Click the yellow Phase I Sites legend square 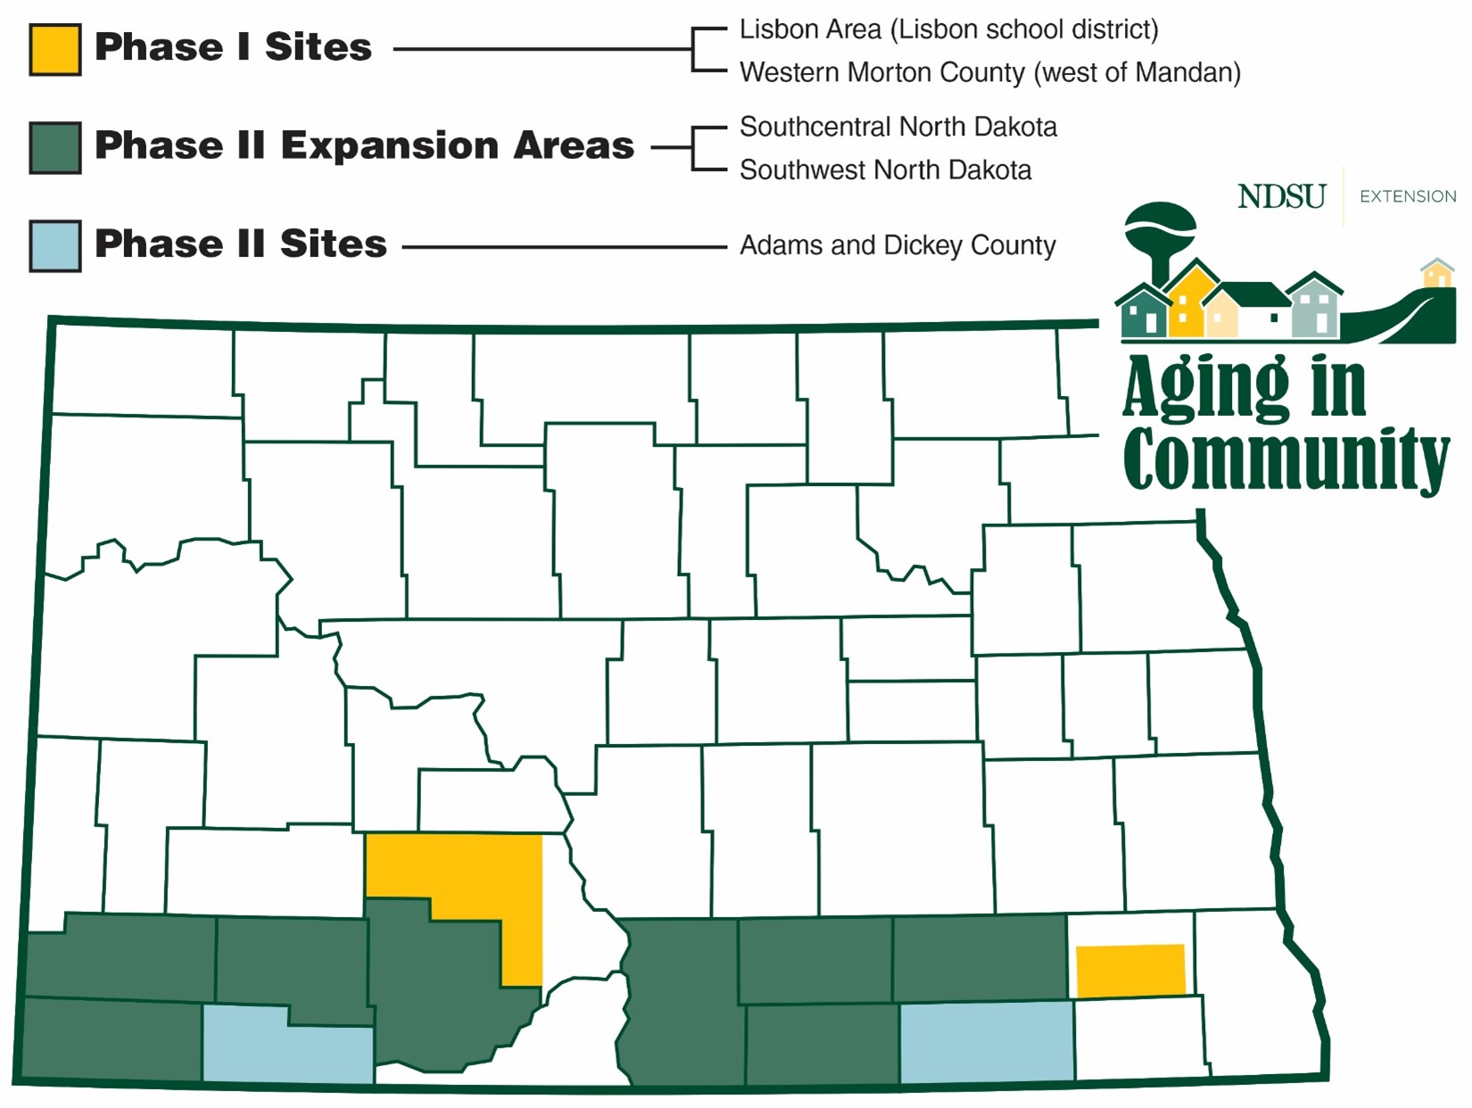pos(55,49)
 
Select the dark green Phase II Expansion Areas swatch pos(55,147)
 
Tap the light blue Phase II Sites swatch pos(55,245)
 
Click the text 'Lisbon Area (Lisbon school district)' pos(948,29)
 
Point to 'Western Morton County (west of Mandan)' pos(989,72)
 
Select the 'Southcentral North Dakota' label pos(897,127)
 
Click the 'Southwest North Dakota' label pos(885,170)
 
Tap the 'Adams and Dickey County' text pos(897,245)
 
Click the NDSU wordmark pos(1281,196)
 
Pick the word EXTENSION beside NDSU pos(1407,196)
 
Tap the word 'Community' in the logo pos(1285,459)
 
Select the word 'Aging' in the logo pos(1205,388)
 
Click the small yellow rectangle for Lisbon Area pos(1130,971)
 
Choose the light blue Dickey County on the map pos(986,1042)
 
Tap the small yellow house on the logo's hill pos(1436,273)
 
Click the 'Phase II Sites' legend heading pos(241,244)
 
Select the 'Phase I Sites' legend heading pos(233,47)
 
